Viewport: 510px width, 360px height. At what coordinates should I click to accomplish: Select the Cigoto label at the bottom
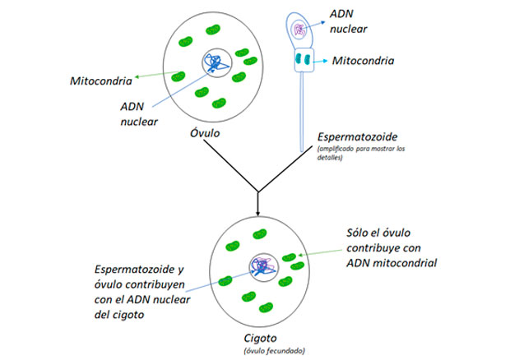pyautogui.click(x=261, y=337)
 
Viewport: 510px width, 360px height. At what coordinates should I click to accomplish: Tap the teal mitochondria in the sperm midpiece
pyautogui.click(x=302, y=60)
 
